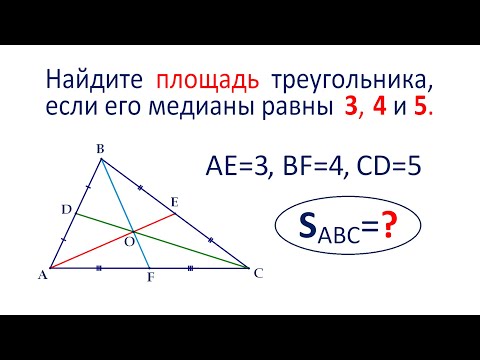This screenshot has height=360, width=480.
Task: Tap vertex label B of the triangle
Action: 100,150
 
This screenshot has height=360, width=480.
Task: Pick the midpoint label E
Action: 174,203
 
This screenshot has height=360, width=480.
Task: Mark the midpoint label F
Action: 150,278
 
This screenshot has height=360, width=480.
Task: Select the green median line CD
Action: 190,251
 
